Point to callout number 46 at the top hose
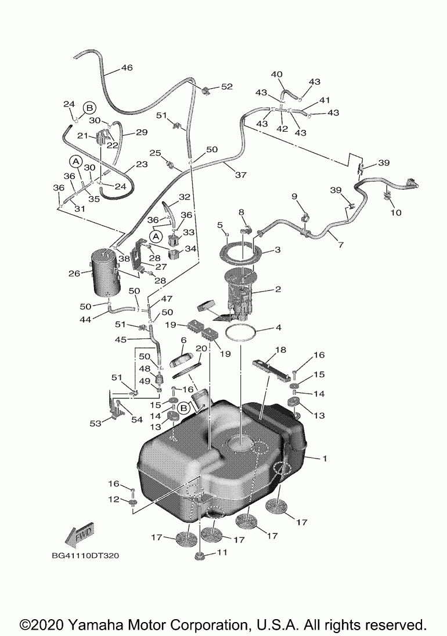[127, 68]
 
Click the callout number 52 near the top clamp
[226, 86]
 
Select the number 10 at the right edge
[396, 212]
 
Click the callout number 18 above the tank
[280, 350]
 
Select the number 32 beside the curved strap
[185, 197]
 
